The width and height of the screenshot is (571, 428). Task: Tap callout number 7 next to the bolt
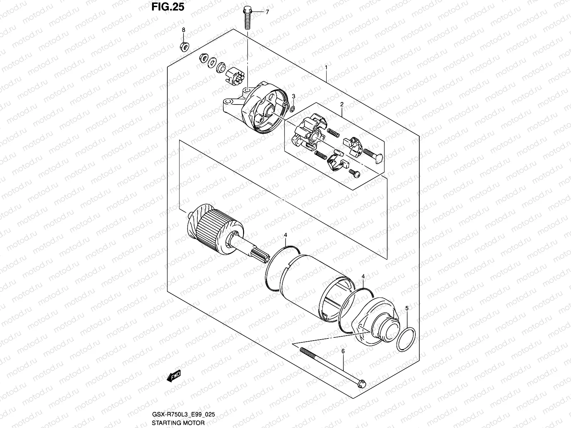267,12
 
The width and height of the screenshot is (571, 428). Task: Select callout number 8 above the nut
183,30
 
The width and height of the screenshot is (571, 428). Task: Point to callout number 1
326,67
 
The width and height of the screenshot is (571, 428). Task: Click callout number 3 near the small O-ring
294,97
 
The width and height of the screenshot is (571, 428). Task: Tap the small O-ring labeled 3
292,109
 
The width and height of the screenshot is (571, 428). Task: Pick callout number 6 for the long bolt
343,351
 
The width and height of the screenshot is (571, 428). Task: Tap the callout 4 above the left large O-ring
285,235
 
